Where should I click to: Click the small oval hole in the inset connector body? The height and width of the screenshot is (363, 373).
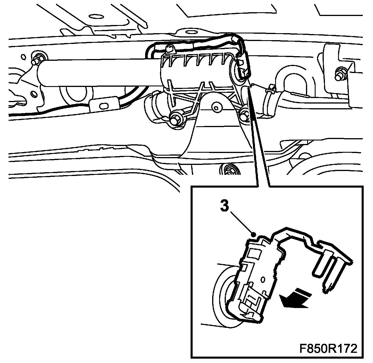[263, 280]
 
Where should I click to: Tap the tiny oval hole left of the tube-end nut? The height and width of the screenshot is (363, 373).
[24, 57]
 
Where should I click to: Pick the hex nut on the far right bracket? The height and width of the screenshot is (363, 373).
[341, 75]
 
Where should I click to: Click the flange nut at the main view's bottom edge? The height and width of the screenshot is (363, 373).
[229, 169]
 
